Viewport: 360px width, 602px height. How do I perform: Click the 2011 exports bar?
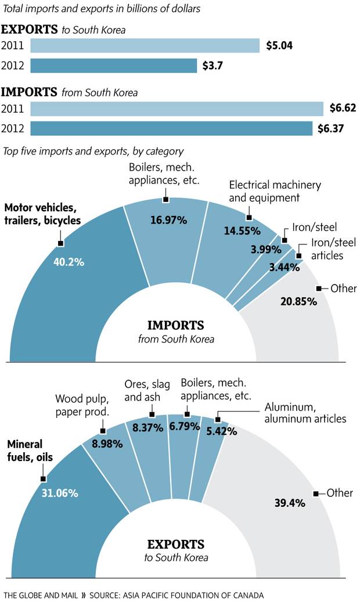tap(145, 45)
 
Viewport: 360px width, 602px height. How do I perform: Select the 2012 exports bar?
tap(113, 66)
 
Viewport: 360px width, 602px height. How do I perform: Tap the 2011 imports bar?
tap(177, 109)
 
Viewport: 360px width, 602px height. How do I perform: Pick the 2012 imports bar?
tap(171, 128)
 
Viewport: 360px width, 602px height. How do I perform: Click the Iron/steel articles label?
tap(334, 248)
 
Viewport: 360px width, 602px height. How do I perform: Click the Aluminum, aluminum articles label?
tap(305, 413)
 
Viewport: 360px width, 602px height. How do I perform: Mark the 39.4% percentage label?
tap(290, 503)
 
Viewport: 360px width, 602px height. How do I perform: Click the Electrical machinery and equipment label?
tap(275, 191)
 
